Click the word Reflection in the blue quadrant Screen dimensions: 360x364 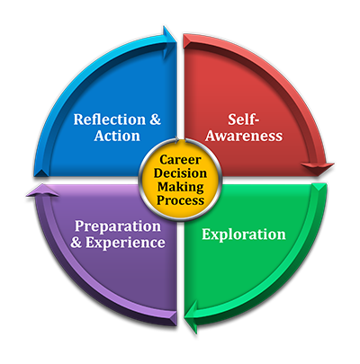[x=110, y=120]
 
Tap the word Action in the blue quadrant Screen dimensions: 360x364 [x=117, y=136]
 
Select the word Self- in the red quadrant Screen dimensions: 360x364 [x=243, y=120]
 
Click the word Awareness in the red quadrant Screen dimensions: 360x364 [x=244, y=136]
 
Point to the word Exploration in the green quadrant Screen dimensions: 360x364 [x=244, y=235]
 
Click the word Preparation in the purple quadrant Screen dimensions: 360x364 [x=118, y=226]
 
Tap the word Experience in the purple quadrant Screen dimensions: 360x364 [x=125, y=243]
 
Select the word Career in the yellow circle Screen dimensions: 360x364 [x=180, y=160]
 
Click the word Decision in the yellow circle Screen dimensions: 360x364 [x=180, y=173]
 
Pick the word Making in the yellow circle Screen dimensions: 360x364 [x=181, y=187]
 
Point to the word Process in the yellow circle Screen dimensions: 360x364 [x=181, y=200]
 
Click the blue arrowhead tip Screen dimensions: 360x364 [x=176, y=40]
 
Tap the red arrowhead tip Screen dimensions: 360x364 [x=319, y=175]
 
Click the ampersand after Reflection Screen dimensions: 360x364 [x=155, y=120]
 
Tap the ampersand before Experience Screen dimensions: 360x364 [x=76, y=243]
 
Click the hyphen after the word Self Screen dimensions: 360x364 [x=256, y=121]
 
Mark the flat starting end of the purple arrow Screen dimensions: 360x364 [x=175, y=318]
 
